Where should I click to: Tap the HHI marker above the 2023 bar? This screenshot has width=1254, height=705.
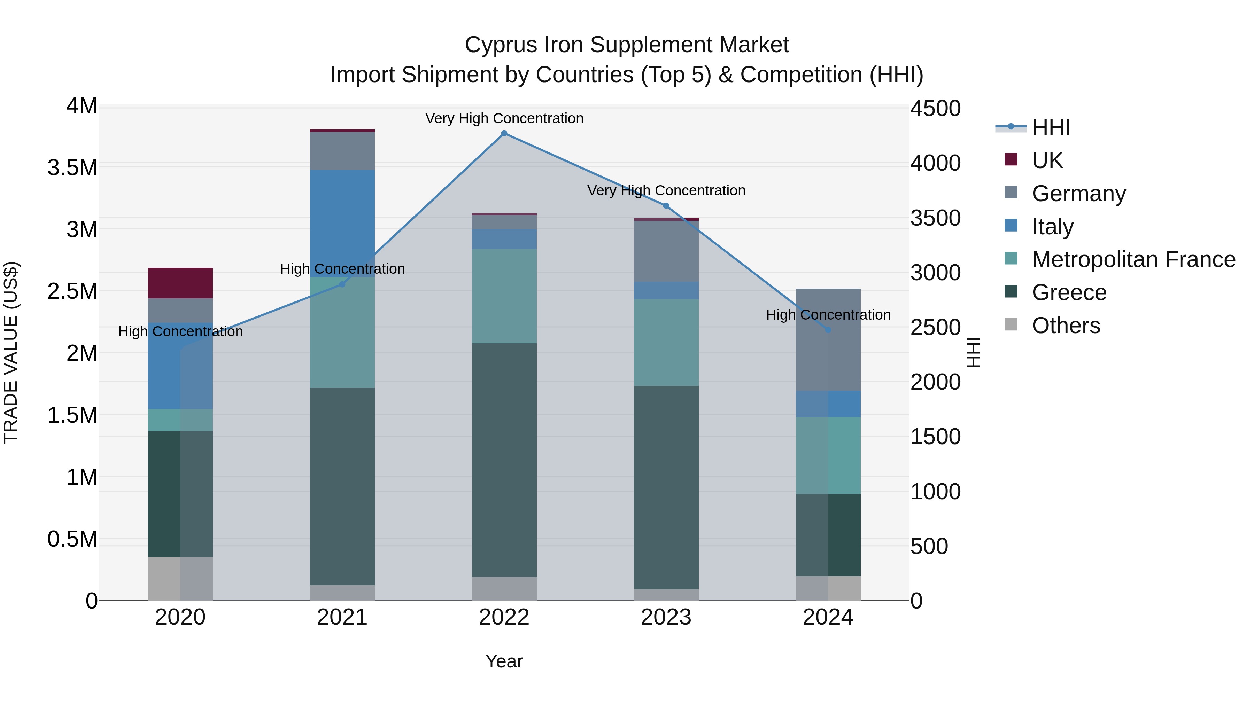pos(666,206)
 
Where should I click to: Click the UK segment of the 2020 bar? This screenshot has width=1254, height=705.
pos(180,283)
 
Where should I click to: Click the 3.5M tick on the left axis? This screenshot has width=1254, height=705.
pos(72,168)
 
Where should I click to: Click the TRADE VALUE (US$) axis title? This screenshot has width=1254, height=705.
pos(11,352)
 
